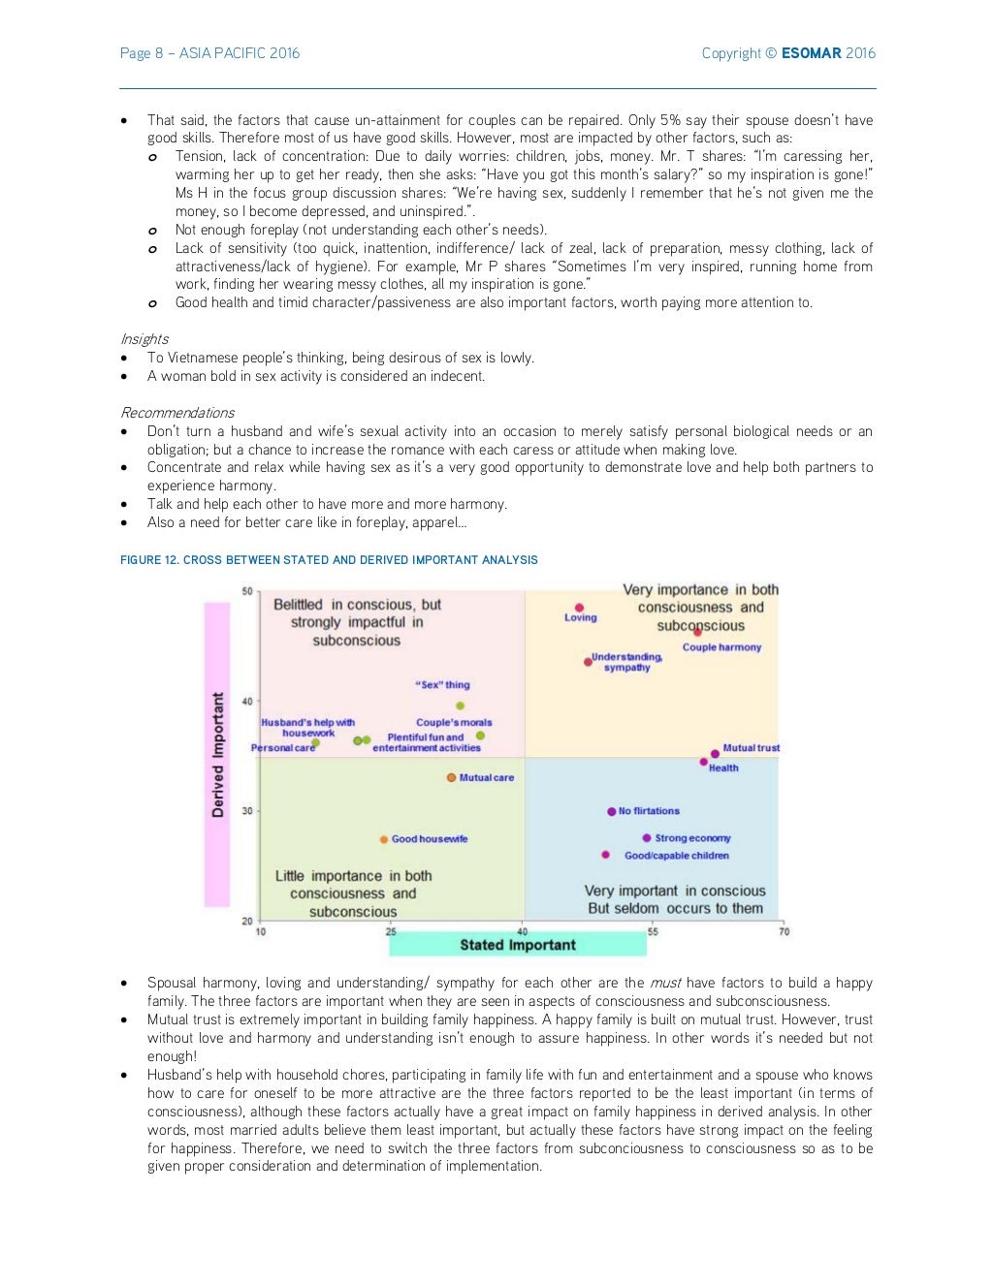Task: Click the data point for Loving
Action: click(x=579, y=608)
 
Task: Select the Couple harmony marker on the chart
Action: click(x=697, y=632)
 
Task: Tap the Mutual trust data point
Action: click(x=715, y=753)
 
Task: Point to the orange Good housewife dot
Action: click(x=384, y=839)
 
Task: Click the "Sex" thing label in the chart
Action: click(x=442, y=684)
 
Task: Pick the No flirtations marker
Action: click(x=611, y=811)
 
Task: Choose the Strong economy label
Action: click(x=692, y=838)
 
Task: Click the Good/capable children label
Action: click(x=676, y=856)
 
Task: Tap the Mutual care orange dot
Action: click(x=451, y=777)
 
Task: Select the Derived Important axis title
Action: click(x=217, y=754)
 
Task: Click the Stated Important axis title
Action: click(x=518, y=945)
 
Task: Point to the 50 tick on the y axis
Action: click(x=247, y=591)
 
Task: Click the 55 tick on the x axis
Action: click(x=653, y=931)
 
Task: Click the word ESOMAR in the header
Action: click(x=811, y=53)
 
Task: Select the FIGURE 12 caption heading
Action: click(x=329, y=560)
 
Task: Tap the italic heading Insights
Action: click(x=144, y=339)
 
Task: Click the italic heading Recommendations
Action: click(x=176, y=413)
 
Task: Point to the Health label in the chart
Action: click(x=723, y=768)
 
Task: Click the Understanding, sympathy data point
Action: click(x=588, y=662)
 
